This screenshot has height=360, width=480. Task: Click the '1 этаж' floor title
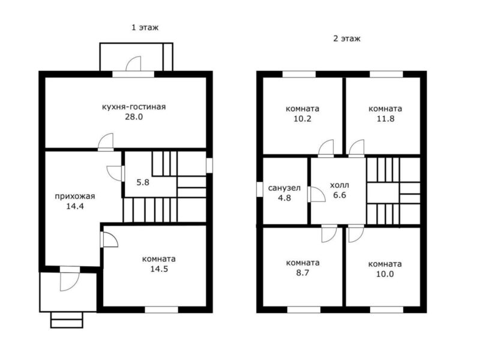click(145, 28)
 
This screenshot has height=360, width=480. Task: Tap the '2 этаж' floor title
click(347, 38)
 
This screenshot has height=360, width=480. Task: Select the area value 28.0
click(134, 117)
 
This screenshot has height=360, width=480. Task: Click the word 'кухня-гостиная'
click(134, 107)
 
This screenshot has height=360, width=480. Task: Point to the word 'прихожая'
click(75, 196)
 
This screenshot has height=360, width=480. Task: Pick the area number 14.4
click(75, 206)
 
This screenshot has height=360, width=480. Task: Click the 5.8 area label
click(143, 182)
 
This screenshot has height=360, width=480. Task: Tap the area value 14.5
click(159, 269)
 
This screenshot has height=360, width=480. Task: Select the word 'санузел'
click(284, 188)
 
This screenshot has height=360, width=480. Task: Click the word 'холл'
click(340, 185)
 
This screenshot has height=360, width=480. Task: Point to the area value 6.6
click(340, 195)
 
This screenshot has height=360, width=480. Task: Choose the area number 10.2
click(302, 119)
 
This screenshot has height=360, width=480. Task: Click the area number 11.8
click(385, 119)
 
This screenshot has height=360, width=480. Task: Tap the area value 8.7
click(302, 273)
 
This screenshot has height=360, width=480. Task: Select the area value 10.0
click(385, 274)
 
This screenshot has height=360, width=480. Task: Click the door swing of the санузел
click(317, 194)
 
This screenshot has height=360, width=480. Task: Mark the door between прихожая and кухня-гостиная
click(106, 142)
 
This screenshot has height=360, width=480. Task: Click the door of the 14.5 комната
click(109, 239)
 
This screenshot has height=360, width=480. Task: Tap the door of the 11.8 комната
click(356, 148)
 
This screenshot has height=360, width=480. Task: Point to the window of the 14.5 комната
click(161, 310)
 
